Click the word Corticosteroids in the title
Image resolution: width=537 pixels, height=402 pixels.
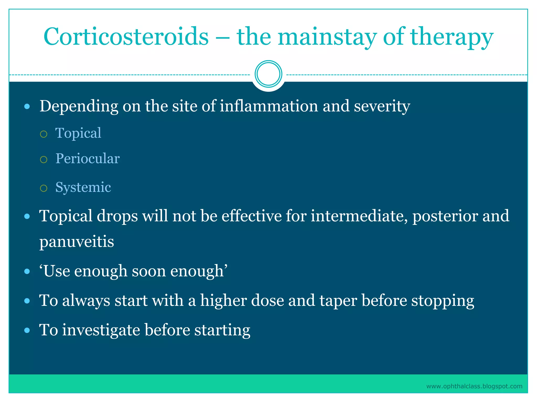point(126,37)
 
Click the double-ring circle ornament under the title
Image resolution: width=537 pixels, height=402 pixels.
point(268,74)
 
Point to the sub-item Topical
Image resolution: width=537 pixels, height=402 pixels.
point(78,133)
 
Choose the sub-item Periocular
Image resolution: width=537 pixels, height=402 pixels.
point(88,159)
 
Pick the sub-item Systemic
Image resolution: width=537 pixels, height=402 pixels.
point(83,187)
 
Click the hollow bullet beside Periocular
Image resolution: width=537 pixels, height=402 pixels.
point(44,160)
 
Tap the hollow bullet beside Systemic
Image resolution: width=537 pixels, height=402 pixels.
point(44,188)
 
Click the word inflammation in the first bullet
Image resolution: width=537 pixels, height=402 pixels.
point(269,106)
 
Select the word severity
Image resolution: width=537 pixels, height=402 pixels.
point(382,106)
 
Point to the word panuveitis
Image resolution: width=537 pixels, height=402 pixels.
point(77,241)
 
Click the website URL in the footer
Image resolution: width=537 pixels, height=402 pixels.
point(474,386)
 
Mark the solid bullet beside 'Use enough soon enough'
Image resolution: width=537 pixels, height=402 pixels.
point(27,271)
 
